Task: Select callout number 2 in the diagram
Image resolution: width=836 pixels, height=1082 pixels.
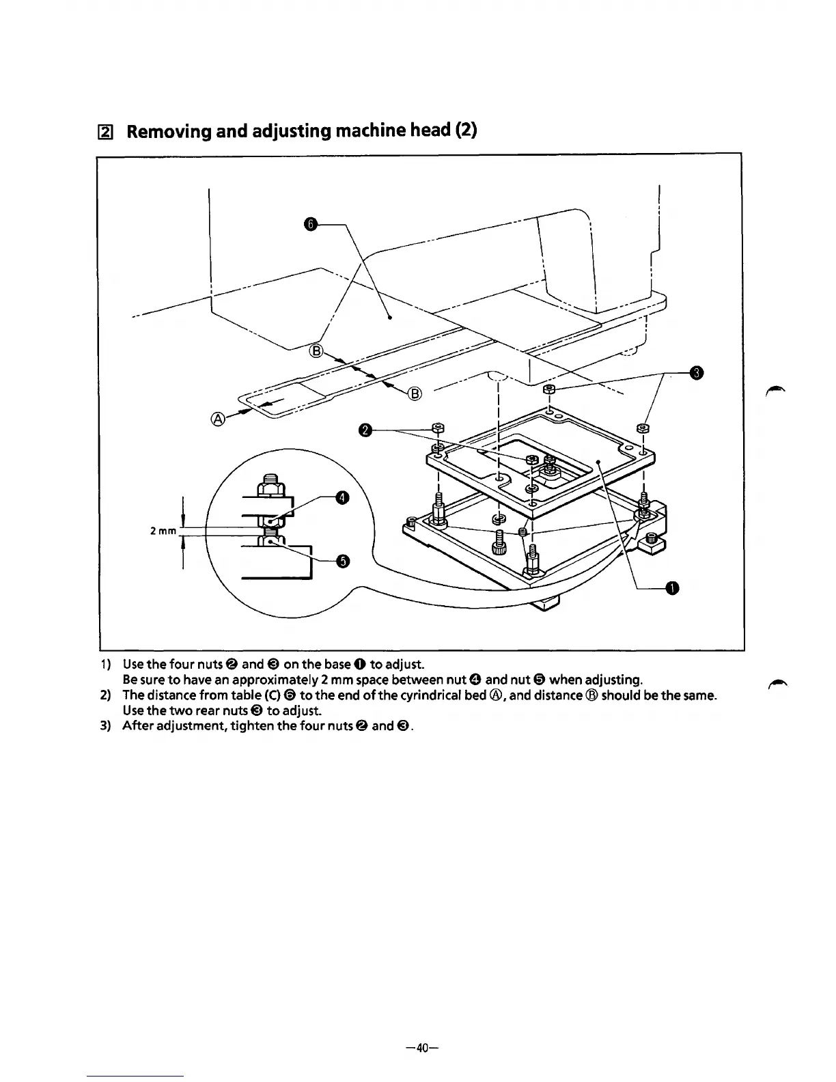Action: tap(365, 430)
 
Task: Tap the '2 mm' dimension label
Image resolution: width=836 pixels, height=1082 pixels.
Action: tap(163, 531)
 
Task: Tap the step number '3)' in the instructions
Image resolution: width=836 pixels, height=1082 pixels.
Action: tap(105, 725)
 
